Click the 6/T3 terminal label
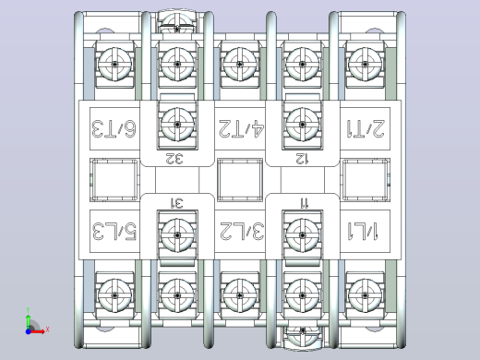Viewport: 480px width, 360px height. pos(114,128)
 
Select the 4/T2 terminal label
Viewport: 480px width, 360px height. pos(241,128)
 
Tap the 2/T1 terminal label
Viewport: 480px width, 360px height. pos(366,128)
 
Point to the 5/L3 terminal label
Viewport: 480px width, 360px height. pos(114,231)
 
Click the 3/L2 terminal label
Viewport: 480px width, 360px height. pos(242,231)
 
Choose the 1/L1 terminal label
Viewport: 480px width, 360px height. pos(363,231)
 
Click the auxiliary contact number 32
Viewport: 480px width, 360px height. pos(174,159)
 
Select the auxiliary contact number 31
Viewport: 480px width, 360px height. pos(177,203)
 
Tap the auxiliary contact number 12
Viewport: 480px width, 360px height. pos(302,159)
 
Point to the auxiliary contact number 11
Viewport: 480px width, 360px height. pos(305,203)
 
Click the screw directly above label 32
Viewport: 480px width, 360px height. pos(177,125)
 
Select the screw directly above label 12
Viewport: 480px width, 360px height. pos(303,125)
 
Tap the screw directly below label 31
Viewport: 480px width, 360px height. pos(177,235)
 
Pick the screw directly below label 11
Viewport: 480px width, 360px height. pos(303,235)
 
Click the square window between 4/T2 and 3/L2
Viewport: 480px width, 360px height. pos(240,180)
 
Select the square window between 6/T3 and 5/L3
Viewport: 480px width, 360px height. pos(114,180)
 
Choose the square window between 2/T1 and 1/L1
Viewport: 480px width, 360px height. pos(366,180)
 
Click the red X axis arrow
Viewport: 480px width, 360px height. pos(38,331)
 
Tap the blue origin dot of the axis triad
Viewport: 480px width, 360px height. pos(29,331)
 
